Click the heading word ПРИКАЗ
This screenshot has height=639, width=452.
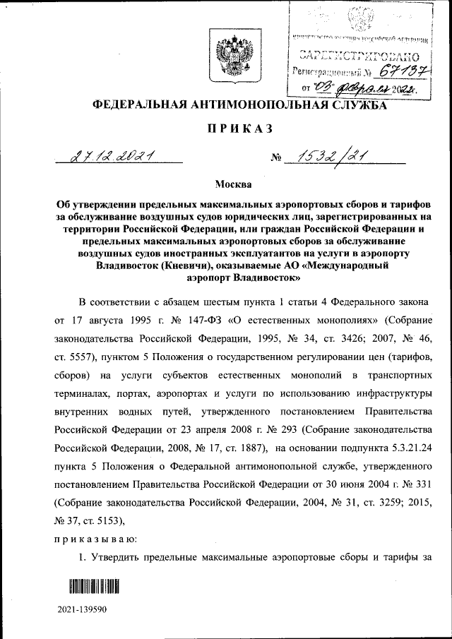[x=227, y=129]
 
